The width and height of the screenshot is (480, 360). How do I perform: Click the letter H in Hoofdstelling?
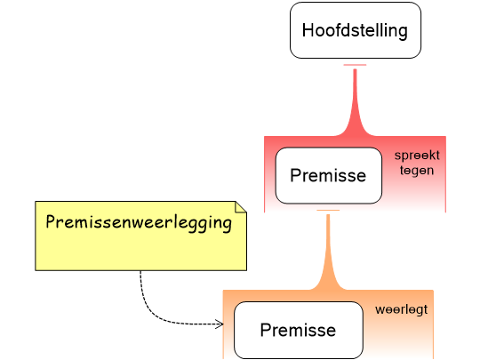coord(308,30)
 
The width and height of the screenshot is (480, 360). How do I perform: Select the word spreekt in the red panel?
coord(417,155)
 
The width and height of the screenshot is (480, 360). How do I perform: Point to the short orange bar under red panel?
coord(328,211)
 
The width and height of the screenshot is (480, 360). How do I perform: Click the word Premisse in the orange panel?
coord(298,331)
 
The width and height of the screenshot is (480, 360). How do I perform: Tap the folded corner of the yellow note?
coord(240,208)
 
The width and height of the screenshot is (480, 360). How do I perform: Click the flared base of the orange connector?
coord(328,284)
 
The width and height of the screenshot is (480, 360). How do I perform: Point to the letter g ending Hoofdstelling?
coord(403,32)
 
